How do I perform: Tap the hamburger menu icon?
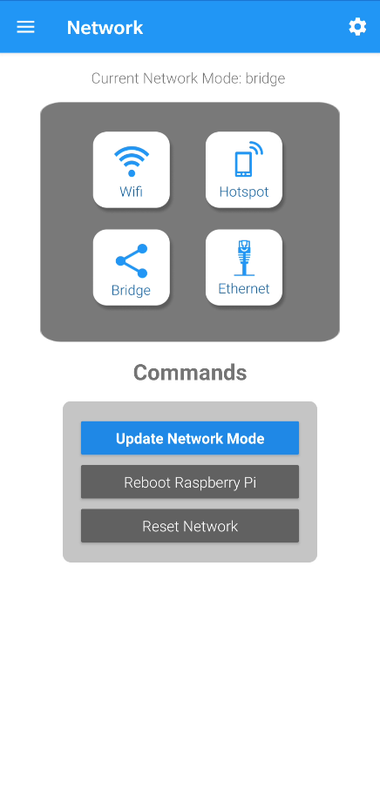[x=26, y=27]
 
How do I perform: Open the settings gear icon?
[x=357, y=27]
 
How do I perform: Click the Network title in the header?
[x=105, y=27]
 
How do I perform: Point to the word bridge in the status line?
[x=265, y=78]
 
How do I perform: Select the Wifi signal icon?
[x=132, y=161]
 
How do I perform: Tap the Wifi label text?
[x=131, y=192]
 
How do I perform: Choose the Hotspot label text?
[x=244, y=192]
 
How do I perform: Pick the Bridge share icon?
[x=132, y=260]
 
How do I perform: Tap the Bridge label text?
[x=131, y=291]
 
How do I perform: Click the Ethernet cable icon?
[x=245, y=258]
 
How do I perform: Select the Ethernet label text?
[x=244, y=288]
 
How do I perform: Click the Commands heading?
[x=190, y=373]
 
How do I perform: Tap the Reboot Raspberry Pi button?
[x=190, y=482]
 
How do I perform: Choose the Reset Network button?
[x=190, y=526]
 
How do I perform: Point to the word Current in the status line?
[x=116, y=78]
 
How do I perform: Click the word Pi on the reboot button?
[x=249, y=482]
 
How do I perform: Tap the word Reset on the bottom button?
[x=156, y=526]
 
